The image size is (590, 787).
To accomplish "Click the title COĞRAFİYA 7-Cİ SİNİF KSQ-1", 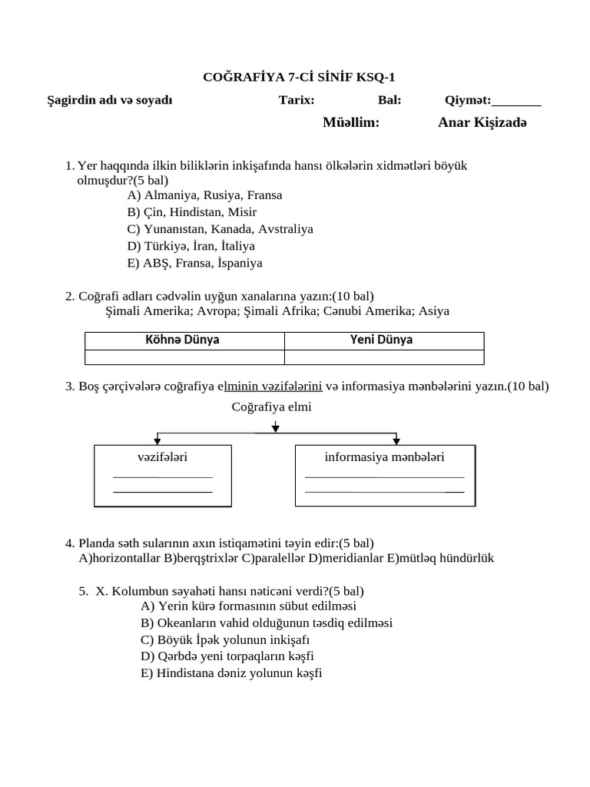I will [x=299, y=77].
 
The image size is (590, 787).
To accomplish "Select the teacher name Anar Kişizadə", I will [x=482, y=122].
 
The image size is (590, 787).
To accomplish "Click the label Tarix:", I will [x=296, y=100].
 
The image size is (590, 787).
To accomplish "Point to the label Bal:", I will [x=389, y=100].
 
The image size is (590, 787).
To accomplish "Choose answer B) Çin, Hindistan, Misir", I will [x=192, y=212].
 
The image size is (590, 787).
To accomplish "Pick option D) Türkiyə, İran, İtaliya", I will [x=191, y=246].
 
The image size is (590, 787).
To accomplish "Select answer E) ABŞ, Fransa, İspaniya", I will [x=195, y=263].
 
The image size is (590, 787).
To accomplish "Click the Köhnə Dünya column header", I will [x=183, y=340].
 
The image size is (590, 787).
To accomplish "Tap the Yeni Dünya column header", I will [x=382, y=340].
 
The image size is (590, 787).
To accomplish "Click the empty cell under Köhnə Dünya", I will [x=184, y=357].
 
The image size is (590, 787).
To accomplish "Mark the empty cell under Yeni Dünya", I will [x=384, y=357].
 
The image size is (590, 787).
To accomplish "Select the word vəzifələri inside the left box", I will [x=162, y=457].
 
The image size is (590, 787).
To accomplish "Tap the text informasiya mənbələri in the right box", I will [x=384, y=457].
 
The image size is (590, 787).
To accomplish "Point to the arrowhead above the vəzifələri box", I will [x=157, y=440].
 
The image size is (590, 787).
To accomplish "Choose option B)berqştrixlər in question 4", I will [x=201, y=558].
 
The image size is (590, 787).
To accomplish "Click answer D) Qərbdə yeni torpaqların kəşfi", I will [x=227, y=656].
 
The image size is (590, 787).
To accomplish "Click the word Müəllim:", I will [x=351, y=122].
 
